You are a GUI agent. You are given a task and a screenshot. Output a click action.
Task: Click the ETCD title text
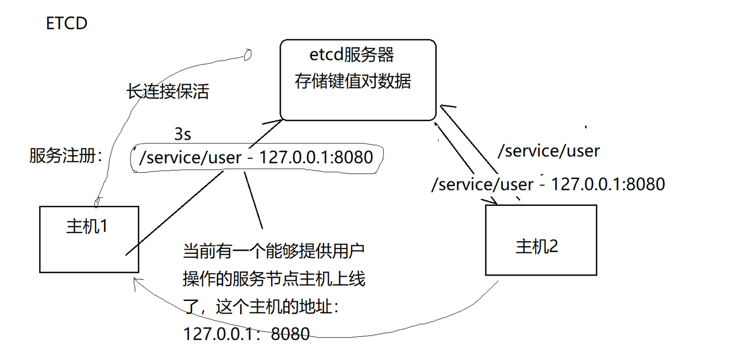[x=66, y=23]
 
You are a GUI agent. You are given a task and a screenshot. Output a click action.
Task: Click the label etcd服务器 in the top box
[x=351, y=55]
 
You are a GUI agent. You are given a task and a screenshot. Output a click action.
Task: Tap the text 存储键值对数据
[x=353, y=81]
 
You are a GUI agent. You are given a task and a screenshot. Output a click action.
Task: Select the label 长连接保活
[x=167, y=91]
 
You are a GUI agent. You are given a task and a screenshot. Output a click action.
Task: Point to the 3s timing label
[x=182, y=134]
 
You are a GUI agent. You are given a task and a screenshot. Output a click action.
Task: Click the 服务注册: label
[x=66, y=156]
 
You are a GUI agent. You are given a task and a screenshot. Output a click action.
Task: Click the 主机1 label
[x=87, y=226]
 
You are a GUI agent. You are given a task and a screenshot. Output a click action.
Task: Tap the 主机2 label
[x=536, y=247]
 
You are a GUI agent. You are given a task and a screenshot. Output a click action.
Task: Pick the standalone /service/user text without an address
[x=549, y=151]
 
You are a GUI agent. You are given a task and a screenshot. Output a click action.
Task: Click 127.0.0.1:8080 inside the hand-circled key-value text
[x=316, y=157]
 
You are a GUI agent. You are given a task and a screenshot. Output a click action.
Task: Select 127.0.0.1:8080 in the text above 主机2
[x=608, y=184]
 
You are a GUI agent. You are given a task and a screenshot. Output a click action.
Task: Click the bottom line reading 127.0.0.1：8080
[x=246, y=333]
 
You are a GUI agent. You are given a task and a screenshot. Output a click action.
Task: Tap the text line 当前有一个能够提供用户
[x=273, y=251]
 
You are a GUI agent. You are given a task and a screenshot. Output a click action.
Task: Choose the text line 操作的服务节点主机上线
[x=274, y=279]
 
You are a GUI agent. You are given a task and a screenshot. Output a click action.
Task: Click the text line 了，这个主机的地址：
[x=261, y=306]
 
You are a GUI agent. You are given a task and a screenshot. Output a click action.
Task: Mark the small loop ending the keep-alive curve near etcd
[x=247, y=55]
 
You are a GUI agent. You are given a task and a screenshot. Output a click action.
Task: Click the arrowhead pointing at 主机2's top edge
[x=492, y=201]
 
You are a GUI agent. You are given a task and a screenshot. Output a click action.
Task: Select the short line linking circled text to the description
[x=253, y=200]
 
